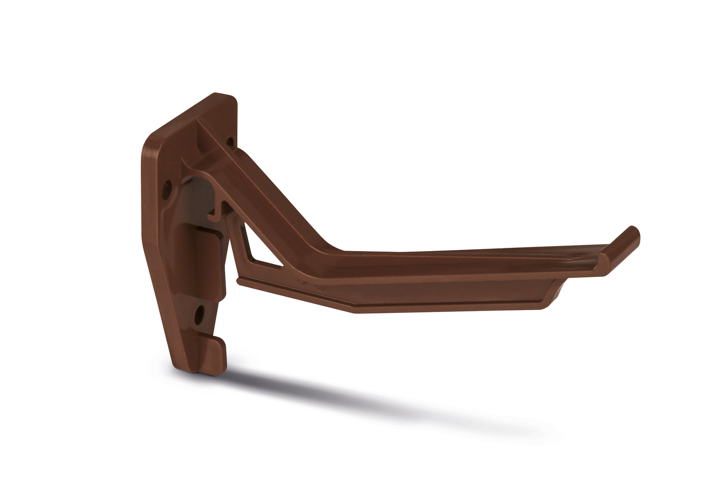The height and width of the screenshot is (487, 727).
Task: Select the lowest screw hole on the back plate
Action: coord(199,313)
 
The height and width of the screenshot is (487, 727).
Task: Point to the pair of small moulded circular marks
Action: coord(309,284)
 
